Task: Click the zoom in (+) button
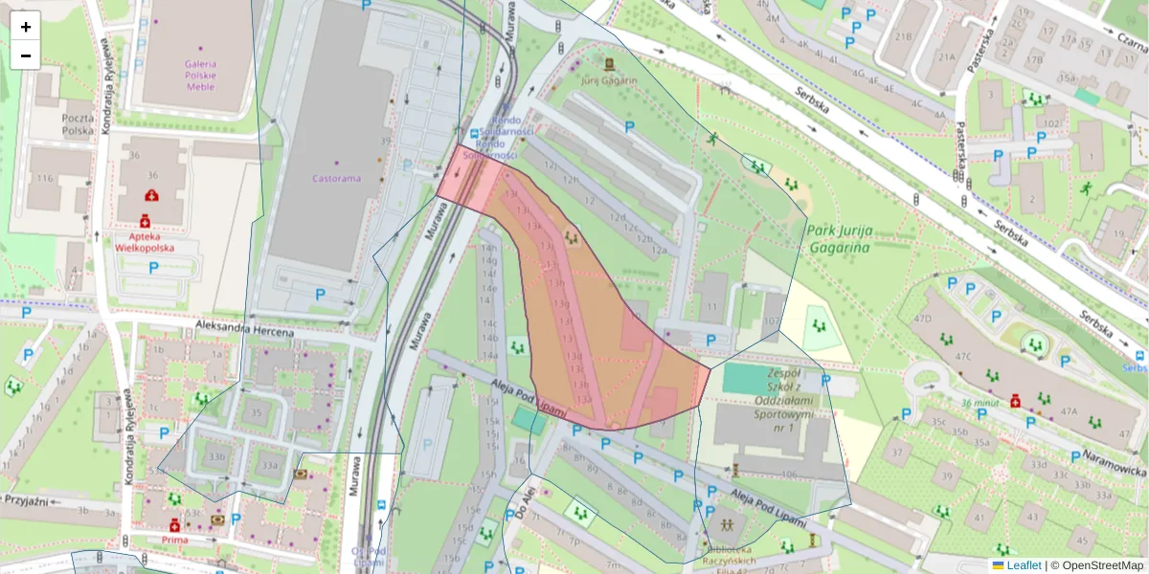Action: point(26,27)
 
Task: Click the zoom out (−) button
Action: point(26,55)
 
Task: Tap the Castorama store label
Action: point(335,178)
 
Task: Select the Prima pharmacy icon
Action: point(174,525)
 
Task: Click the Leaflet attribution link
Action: point(1023,565)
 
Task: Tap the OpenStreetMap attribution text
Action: point(1100,565)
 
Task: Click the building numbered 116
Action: point(45,179)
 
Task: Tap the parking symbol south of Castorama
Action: point(321,294)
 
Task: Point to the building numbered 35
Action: point(256,413)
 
